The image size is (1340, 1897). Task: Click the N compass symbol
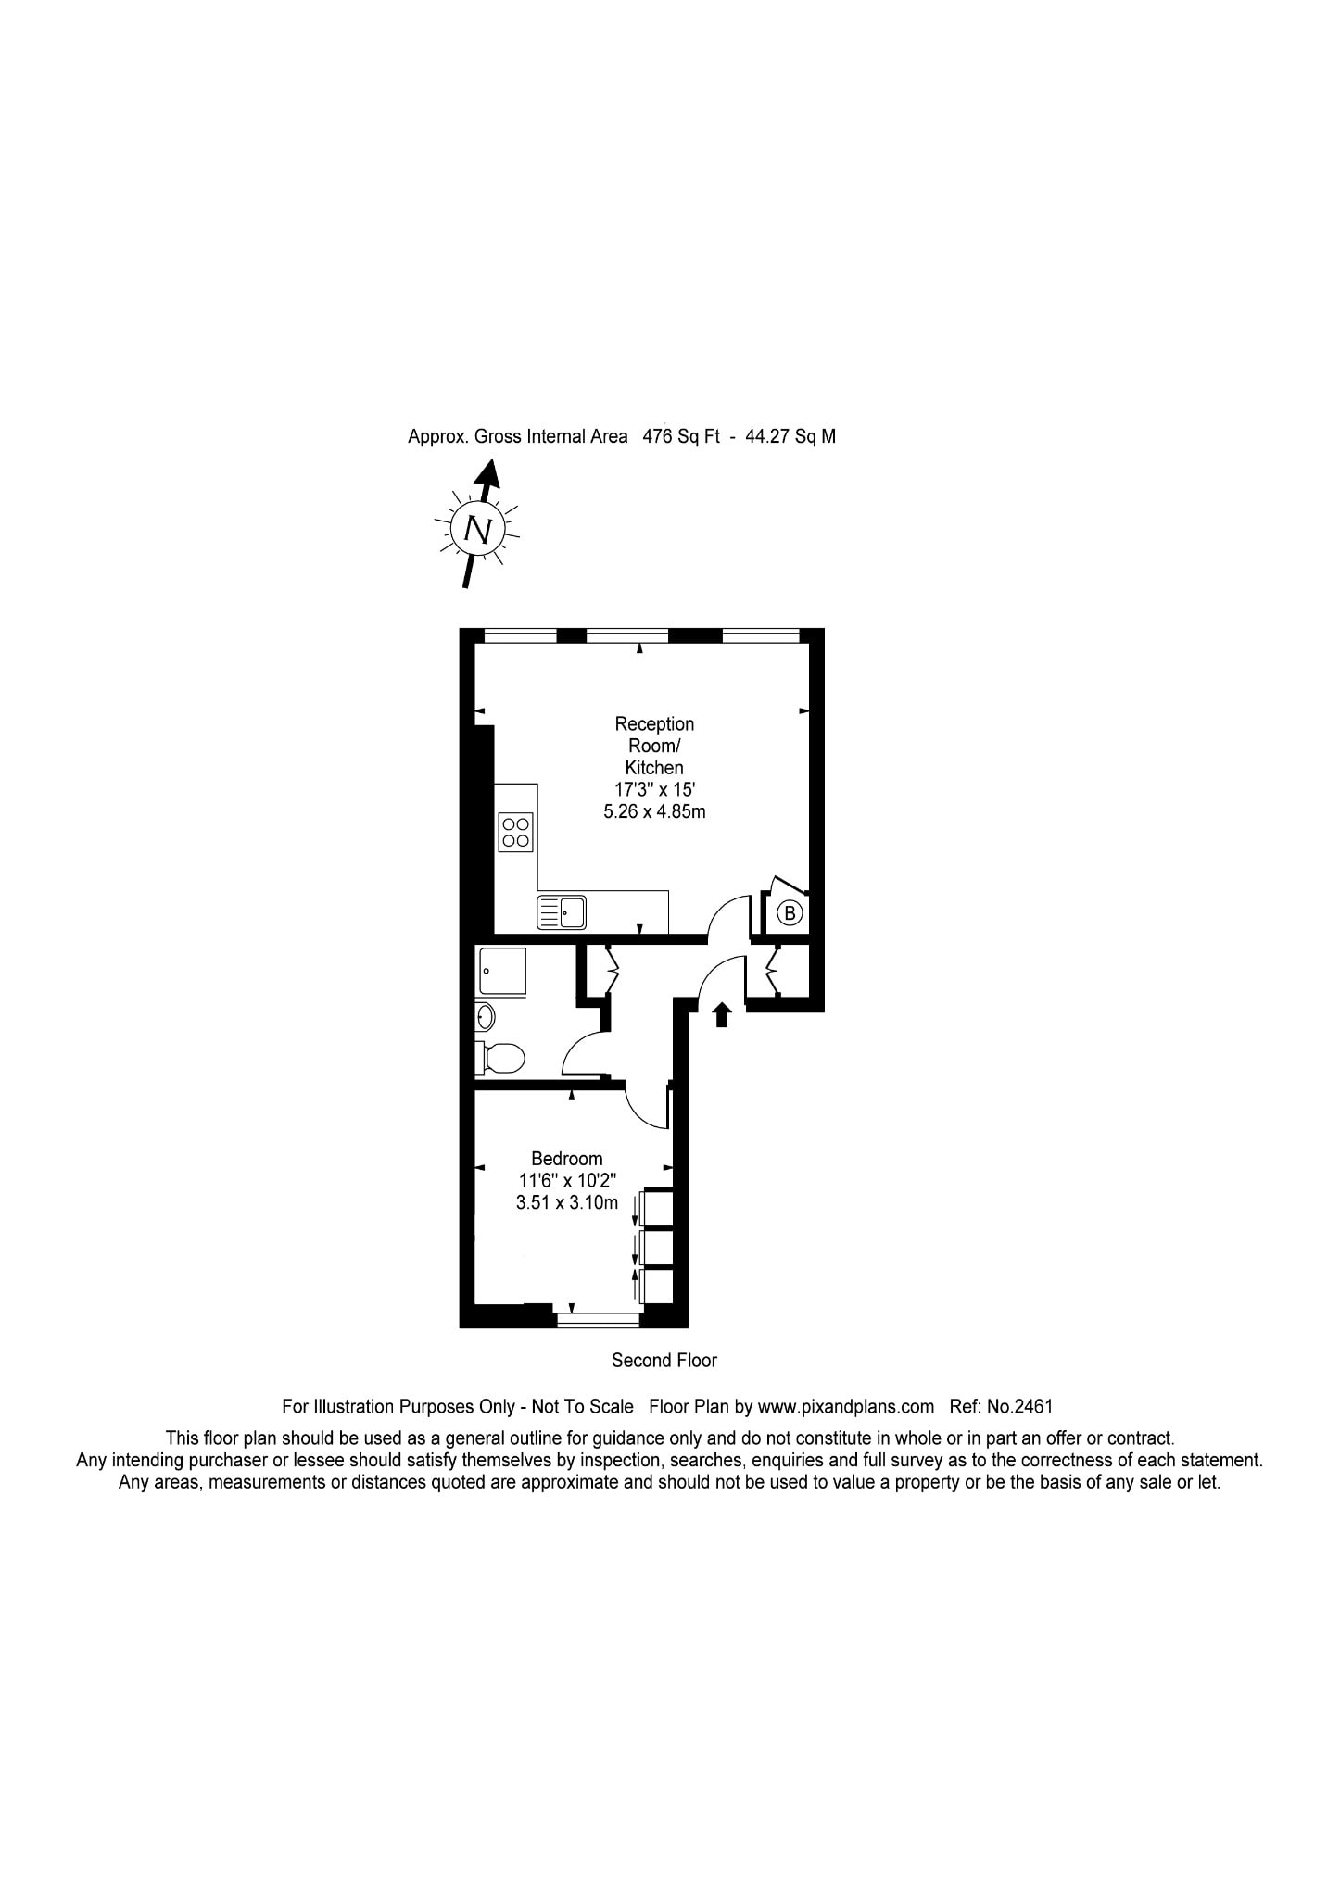pos(477,529)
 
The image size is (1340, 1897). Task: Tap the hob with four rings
pos(515,832)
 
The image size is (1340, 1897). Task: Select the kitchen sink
pos(561,912)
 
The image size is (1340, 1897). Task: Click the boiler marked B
pos(790,913)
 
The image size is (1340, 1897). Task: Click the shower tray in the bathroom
pos(502,971)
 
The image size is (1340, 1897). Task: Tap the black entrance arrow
pos(722,1015)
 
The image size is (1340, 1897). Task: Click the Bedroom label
pos(566,1158)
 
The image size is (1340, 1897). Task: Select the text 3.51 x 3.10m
pos(566,1203)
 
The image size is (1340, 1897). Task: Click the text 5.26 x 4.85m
pos(654,812)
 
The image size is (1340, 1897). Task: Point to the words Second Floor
pos(664,1360)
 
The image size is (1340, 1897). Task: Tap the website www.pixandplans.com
pos(845,1406)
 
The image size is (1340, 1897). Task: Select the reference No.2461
pos(1019,1406)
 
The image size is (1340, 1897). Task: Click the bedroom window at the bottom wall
pos(598,1319)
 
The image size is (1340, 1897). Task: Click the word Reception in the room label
pos(654,723)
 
